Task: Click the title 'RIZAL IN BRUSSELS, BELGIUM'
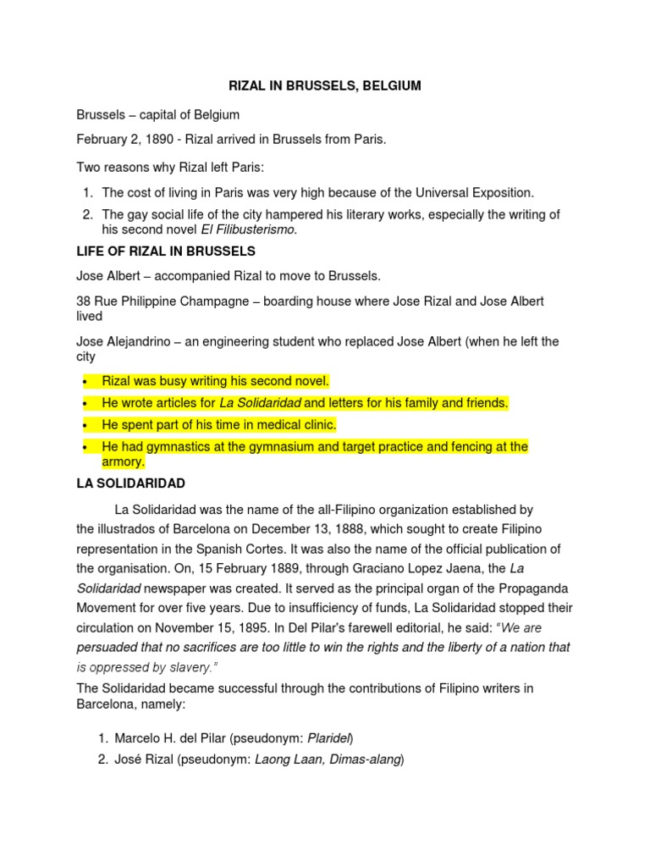click(326, 86)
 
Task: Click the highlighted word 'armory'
click(123, 462)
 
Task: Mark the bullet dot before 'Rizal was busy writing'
click(85, 382)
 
